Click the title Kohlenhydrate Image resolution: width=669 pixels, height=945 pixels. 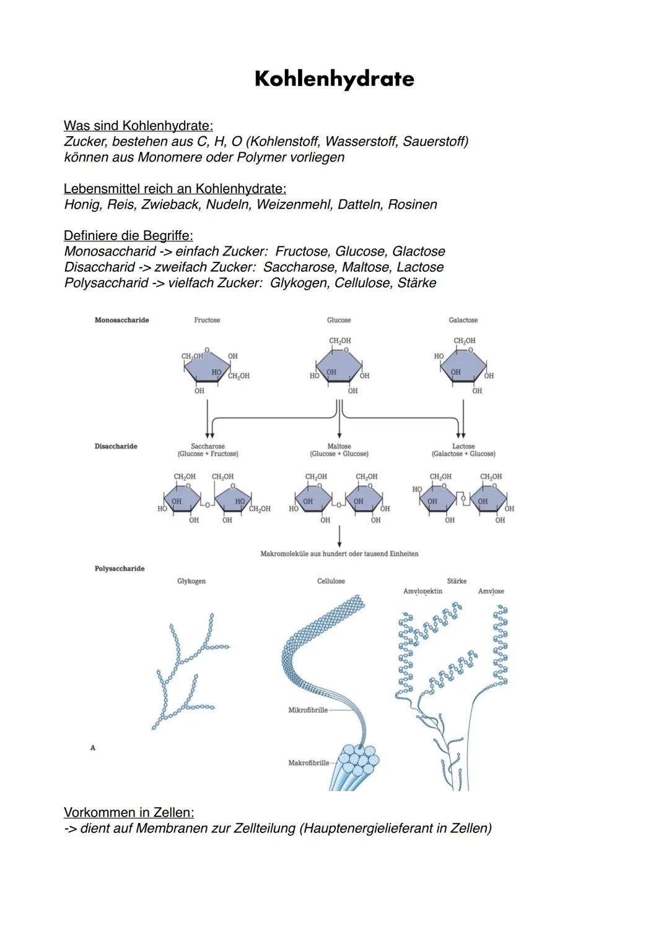tap(334, 79)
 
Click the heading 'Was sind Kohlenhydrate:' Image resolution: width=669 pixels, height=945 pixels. tap(138, 126)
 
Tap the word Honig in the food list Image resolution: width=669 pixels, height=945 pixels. tap(82, 205)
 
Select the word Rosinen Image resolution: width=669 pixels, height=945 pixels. tap(412, 204)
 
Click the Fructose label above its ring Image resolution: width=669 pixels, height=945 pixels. tap(207, 320)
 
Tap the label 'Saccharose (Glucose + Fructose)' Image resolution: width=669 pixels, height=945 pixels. tap(208, 450)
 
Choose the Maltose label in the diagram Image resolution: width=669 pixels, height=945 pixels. tap(339, 446)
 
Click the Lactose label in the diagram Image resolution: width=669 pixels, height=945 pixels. tap(463, 446)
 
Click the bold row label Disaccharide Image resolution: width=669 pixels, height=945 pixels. tap(116, 446)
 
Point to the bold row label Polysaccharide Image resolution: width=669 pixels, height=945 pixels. tap(119, 569)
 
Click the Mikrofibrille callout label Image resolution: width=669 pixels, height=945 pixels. tap(308, 710)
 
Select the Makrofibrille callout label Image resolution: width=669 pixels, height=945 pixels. tap(308, 763)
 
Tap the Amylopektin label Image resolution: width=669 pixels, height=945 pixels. tap(422, 591)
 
